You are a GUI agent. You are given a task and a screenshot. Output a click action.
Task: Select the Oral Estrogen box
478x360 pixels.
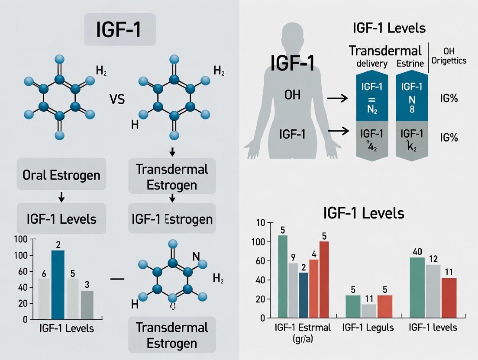[61, 175]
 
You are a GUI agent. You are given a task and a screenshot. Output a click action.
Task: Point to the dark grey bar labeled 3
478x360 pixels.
[87, 305]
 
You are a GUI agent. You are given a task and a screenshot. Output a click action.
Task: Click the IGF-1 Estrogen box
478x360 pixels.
[172, 219]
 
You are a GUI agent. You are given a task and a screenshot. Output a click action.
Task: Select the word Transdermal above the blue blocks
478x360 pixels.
[385, 51]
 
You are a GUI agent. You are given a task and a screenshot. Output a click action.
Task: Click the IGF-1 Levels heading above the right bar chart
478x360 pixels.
[364, 213]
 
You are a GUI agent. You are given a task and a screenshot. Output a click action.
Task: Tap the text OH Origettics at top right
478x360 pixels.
[449, 56]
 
